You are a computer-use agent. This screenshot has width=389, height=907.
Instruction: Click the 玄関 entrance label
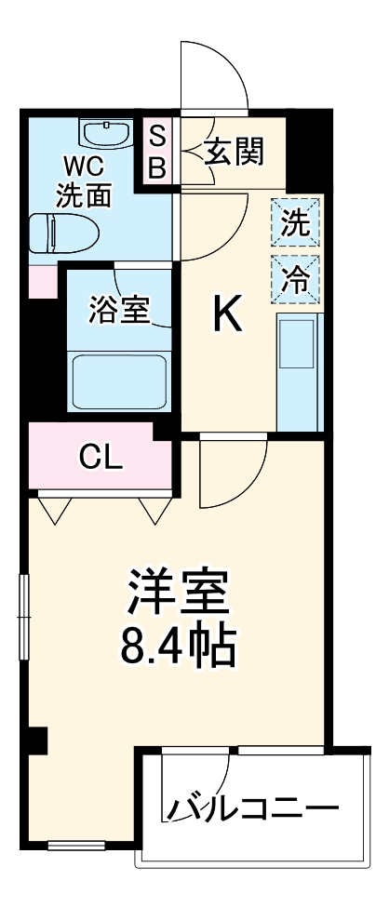click(x=235, y=149)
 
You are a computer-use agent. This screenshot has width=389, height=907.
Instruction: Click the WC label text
click(x=84, y=167)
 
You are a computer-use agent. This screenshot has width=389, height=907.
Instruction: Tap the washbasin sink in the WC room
click(x=108, y=134)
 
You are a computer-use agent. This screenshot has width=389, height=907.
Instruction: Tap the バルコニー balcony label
click(x=251, y=807)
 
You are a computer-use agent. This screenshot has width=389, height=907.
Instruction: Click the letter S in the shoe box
click(x=157, y=135)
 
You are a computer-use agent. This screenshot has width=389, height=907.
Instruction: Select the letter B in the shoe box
click(x=157, y=168)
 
